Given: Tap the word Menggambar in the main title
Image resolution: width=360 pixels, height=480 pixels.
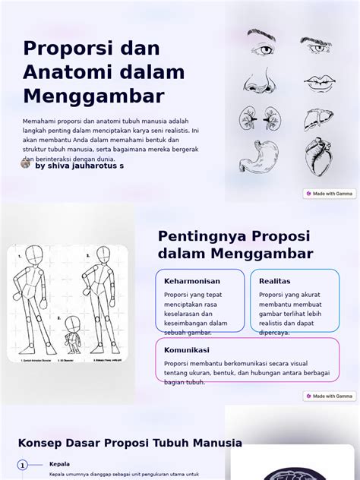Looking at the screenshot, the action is (x=93, y=96).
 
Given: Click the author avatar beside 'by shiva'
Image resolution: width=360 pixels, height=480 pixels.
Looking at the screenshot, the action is (x=25, y=163).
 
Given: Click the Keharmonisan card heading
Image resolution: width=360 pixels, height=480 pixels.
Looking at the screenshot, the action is (x=192, y=281).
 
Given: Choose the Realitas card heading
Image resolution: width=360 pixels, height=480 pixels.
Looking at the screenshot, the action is (x=274, y=281).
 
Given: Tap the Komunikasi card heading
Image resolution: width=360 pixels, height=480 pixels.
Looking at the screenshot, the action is (x=187, y=350).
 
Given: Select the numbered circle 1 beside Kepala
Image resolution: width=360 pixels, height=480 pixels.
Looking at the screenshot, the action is (x=23, y=465).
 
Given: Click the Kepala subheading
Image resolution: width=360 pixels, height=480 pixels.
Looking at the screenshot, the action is (x=59, y=464).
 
